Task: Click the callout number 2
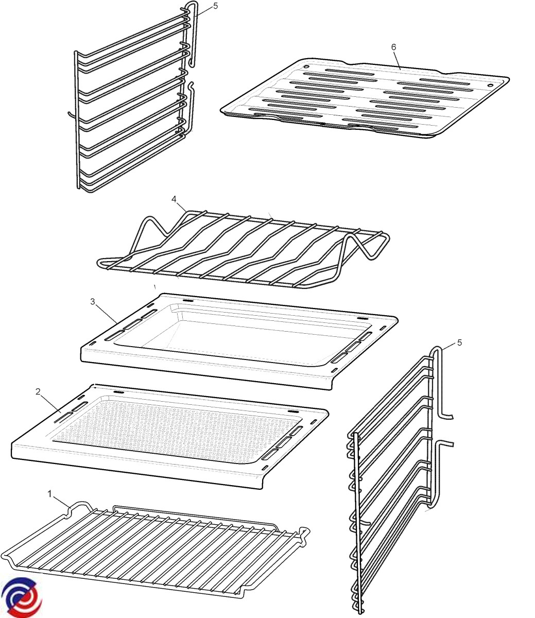(38, 392)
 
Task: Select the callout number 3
(93, 302)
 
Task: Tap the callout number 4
(174, 199)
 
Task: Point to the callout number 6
(393, 47)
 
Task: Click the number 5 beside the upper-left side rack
(216, 6)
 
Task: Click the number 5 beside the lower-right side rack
(460, 342)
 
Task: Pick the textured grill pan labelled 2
(170, 437)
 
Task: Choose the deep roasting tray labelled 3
(239, 341)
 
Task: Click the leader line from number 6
(397, 60)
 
